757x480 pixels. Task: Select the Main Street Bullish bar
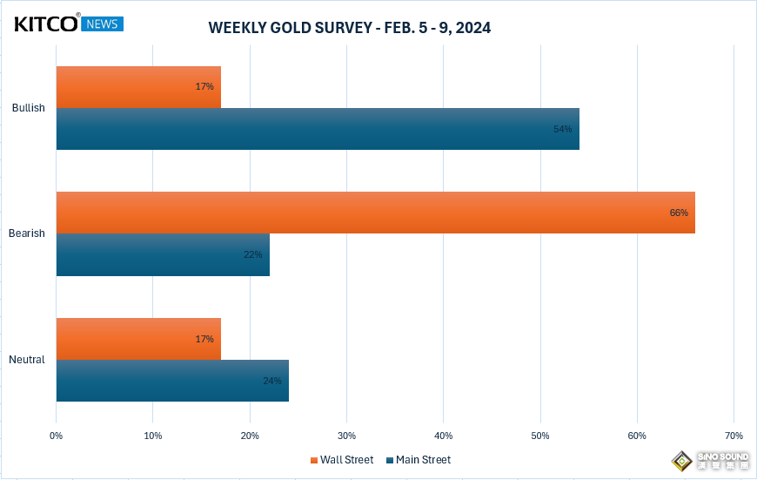coord(317,129)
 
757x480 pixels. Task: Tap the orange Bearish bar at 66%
coord(374,213)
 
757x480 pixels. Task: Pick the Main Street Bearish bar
coord(162,254)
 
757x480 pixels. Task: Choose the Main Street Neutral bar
coord(171,381)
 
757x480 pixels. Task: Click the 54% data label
coord(562,129)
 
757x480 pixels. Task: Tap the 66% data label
coord(679,213)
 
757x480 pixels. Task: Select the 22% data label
coord(252,254)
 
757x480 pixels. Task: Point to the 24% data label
coord(271,381)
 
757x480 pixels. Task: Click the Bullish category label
coord(28,108)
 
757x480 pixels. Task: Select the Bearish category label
coord(26,233)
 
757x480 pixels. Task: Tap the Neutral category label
coord(27,360)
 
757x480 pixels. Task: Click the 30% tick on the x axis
coord(346,436)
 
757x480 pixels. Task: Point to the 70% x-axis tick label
coord(734,436)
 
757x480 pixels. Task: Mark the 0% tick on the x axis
coord(57,436)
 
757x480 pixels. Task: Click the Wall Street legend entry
coord(341,460)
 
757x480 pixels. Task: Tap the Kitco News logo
coord(69,24)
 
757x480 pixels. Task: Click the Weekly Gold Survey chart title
coord(349,28)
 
